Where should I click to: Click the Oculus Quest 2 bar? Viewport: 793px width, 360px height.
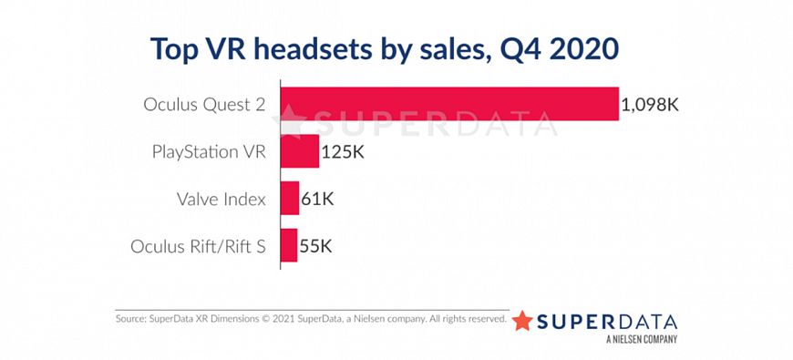click(448, 104)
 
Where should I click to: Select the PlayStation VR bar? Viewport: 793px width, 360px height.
click(299, 150)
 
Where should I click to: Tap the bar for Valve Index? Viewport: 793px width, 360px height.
click(289, 198)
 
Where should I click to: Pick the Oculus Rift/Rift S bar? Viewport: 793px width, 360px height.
click(288, 246)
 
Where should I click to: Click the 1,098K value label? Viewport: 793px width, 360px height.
click(649, 104)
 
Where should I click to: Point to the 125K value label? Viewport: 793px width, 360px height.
click(343, 151)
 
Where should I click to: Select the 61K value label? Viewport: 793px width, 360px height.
click(317, 199)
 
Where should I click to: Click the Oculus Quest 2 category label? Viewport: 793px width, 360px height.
click(205, 104)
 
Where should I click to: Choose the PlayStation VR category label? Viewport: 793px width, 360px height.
click(209, 151)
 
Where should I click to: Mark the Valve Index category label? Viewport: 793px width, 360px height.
click(221, 199)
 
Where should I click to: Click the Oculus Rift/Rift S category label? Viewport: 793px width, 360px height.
click(199, 246)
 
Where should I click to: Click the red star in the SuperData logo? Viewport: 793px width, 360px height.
click(522, 321)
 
